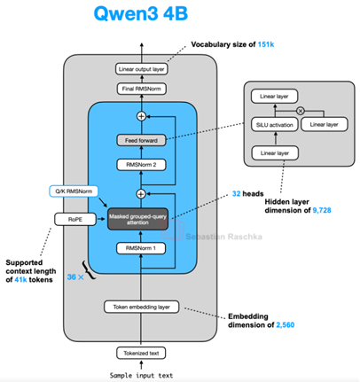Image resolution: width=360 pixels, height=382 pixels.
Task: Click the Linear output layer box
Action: (x=142, y=69)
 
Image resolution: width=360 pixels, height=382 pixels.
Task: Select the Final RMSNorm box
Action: (x=142, y=89)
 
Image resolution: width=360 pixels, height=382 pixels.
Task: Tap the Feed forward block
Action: (x=141, y=140)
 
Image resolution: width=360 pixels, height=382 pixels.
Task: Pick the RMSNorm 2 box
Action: (x=141, y=165)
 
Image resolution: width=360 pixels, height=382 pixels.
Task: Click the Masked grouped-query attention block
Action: (x=137, y=219)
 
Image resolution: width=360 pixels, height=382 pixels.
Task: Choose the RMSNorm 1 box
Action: (x=141, y=248)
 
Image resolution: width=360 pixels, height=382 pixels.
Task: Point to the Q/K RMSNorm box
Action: (x=74, y=191)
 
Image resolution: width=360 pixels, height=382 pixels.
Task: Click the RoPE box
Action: (x=75, y=219)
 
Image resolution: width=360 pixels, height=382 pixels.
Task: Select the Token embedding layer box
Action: (x=142, y=307)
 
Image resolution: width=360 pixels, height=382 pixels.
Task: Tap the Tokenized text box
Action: (x=141, y=353)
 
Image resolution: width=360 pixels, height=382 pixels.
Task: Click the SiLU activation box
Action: (x=275, y=125)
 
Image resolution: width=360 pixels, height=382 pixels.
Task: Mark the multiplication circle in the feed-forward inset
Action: (x=301, y=111)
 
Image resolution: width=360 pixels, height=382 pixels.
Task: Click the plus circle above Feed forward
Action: (x=142, y=116)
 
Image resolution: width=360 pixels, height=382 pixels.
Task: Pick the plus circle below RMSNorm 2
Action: (x=141, y=194)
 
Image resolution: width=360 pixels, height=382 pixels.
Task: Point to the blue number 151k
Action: (x=266, y=44)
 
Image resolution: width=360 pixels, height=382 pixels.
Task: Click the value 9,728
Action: (x=322, y=210)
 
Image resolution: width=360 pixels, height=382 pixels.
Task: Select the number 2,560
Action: (x=286, y=325)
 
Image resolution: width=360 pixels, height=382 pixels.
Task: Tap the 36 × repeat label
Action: (x=75, y=277)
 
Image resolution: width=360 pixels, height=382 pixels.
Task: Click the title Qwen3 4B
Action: (x=141, y=13)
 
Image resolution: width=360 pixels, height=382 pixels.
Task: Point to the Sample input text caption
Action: (x=141, y=376)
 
